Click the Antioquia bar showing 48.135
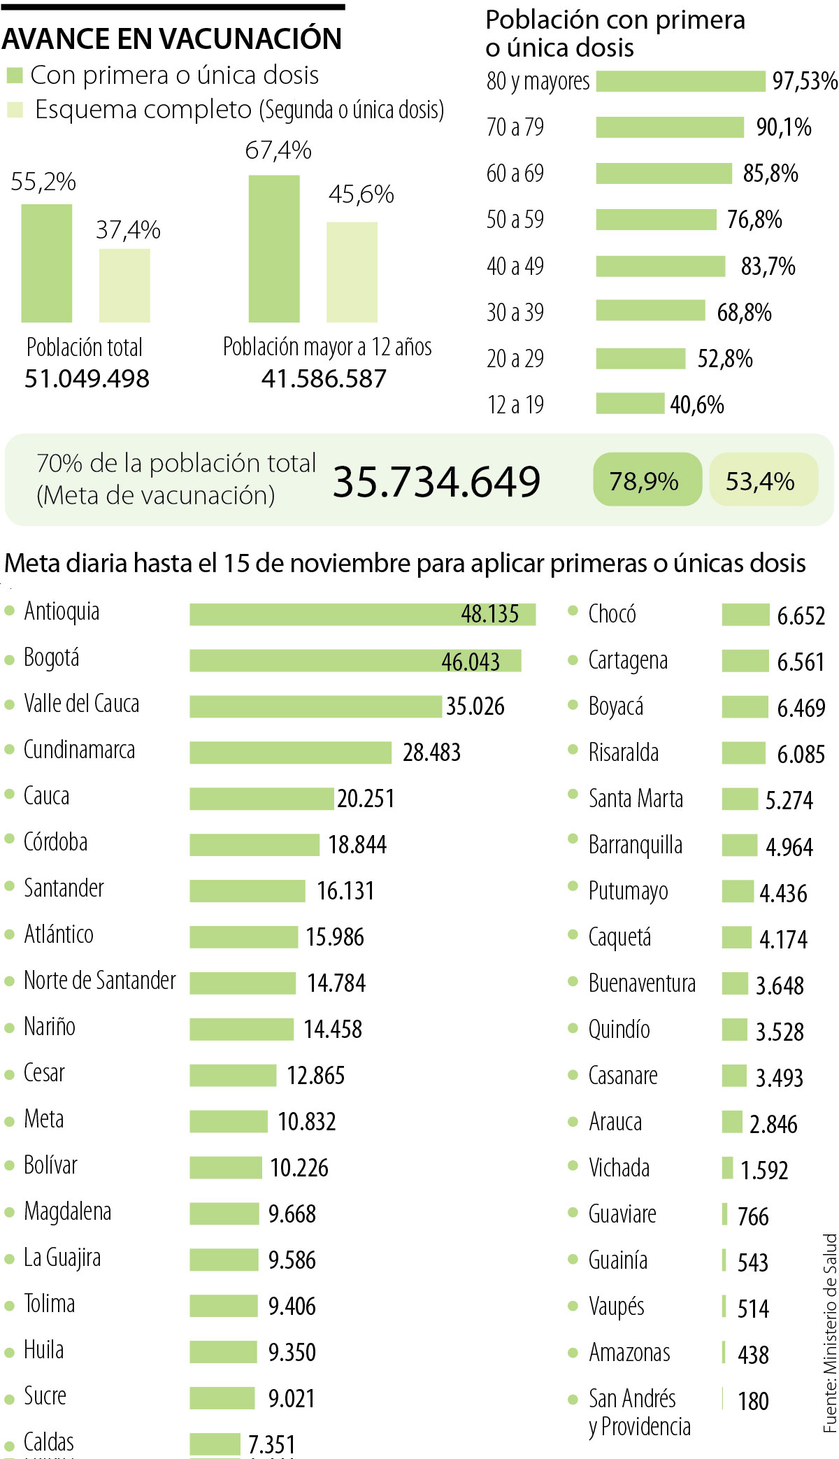click(x=362, y=614)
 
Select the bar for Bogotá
click(x=355, y=660)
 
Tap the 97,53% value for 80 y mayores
click(x=804, y=81)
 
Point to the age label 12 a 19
click(x=515, y=404)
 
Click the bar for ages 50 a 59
click(x=656, y=220)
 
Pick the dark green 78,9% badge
click(x=647, y=480)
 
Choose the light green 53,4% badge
click(x=763, y=480)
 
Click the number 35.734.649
click(x=436, y=481)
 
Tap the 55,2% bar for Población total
click(x=47, y=263)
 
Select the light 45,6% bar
click(x=352, y=272)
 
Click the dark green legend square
click(x=14, y=75)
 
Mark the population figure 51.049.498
click(x=87, y=378)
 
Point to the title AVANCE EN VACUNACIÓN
click(x=172, y=38)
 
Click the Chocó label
click(x=612, y=614)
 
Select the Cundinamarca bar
click(x=290, y=753)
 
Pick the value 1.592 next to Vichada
click(x=764, y=1169)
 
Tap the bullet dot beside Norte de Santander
click(x=10, y=981)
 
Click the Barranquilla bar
click(x=739, y=845)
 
